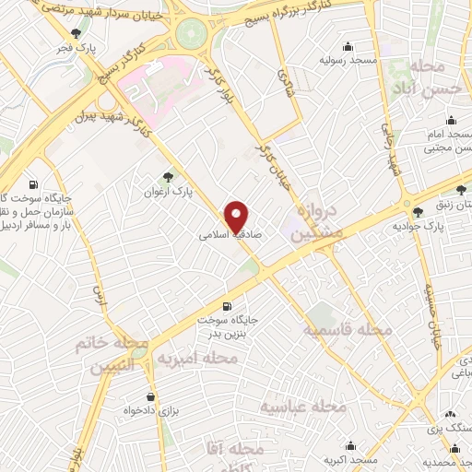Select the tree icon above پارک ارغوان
coord(167,177)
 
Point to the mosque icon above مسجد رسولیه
coord(348,47)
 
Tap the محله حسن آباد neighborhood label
coord(430,79)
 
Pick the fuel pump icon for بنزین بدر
coord(226,305)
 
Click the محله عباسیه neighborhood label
coord(301,406)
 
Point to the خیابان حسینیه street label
coord(433,313)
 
